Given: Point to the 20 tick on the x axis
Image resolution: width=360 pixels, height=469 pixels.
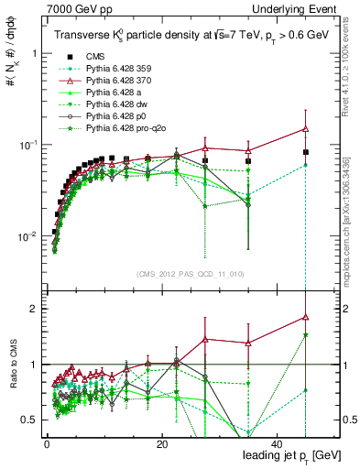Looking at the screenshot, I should click(x=161, y=443).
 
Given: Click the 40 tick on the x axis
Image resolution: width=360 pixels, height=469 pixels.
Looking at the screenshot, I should click(x=278, y=443).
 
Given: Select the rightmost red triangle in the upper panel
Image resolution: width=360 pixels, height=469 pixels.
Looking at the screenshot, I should click(x=305, y=129).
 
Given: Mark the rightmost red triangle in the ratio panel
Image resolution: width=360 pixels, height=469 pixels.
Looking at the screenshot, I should click(x=305, y=317).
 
